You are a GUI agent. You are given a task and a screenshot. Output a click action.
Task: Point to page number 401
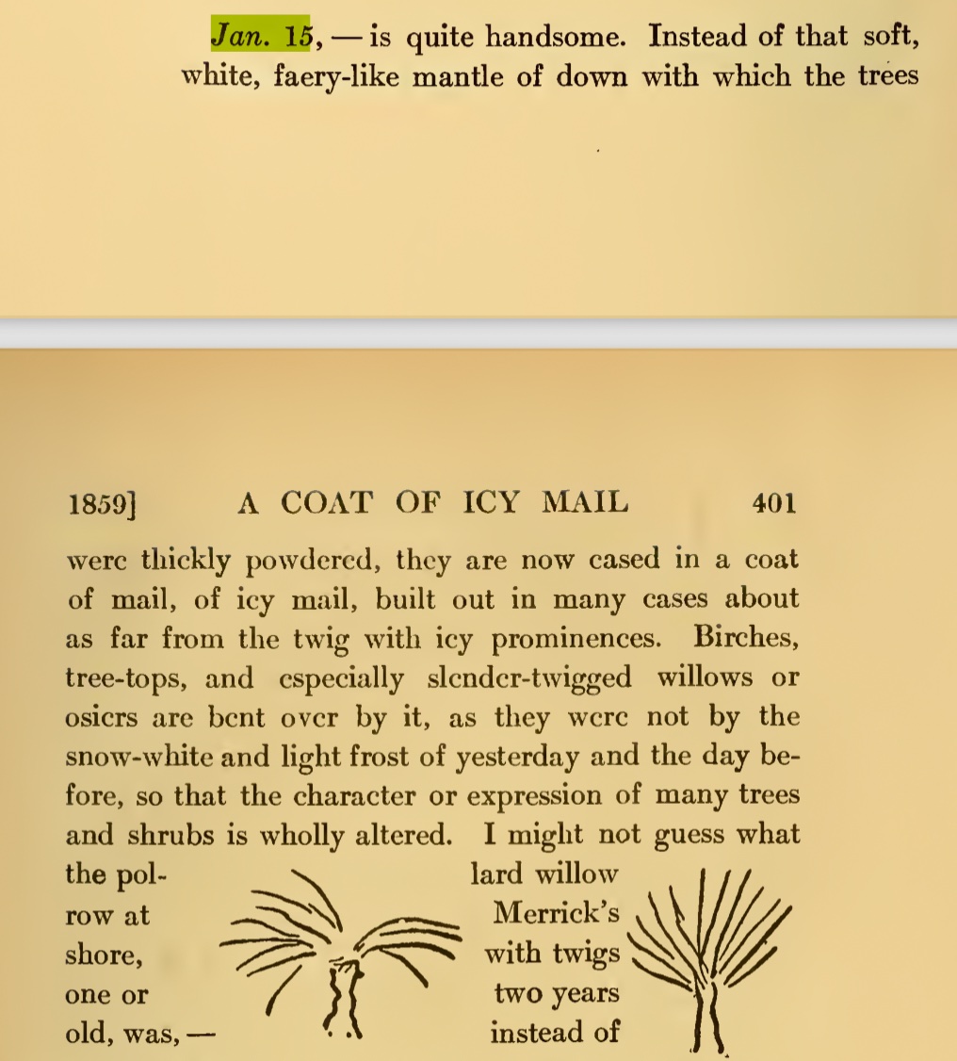click(773, 503)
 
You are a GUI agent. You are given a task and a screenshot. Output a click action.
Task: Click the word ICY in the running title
click(491, 502)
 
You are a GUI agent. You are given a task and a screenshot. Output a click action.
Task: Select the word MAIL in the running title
click(585, 502)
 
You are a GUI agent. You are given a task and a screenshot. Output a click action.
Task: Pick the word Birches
click(746, 638)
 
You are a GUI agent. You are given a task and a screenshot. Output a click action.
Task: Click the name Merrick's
click(557, 914)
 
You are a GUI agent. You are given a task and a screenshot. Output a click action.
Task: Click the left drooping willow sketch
click(339, 952)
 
